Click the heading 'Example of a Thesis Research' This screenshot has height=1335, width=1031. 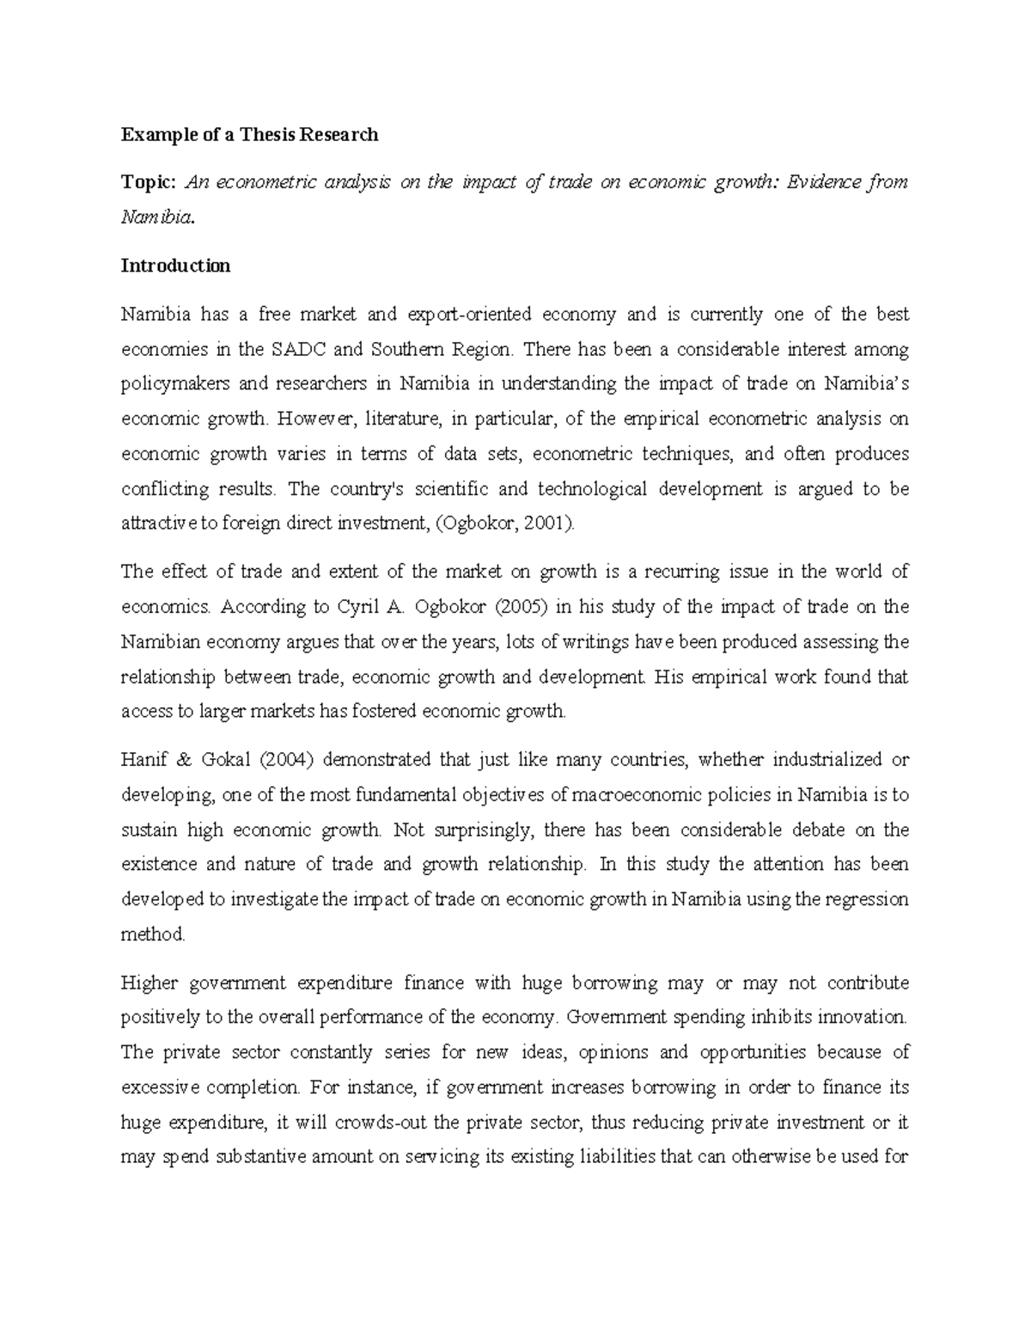point(249,134)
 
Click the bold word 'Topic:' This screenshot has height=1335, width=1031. point(149,182)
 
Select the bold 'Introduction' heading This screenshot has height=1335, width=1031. point(175,266)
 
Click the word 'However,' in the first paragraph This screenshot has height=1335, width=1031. point(317,419)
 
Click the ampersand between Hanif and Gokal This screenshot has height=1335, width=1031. point(183,760)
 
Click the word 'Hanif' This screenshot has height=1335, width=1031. point(143,760)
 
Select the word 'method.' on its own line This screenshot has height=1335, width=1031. point(153,934)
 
